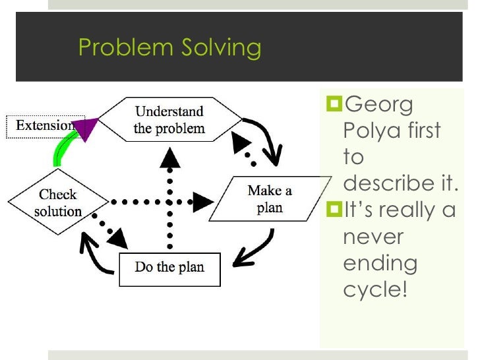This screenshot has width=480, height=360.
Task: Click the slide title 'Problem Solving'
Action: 169,47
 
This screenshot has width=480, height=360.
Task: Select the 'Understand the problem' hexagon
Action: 169,119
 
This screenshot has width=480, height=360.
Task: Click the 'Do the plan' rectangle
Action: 169,268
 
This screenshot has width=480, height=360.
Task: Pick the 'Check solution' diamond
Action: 58,202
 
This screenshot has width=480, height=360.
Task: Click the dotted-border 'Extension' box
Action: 43,125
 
